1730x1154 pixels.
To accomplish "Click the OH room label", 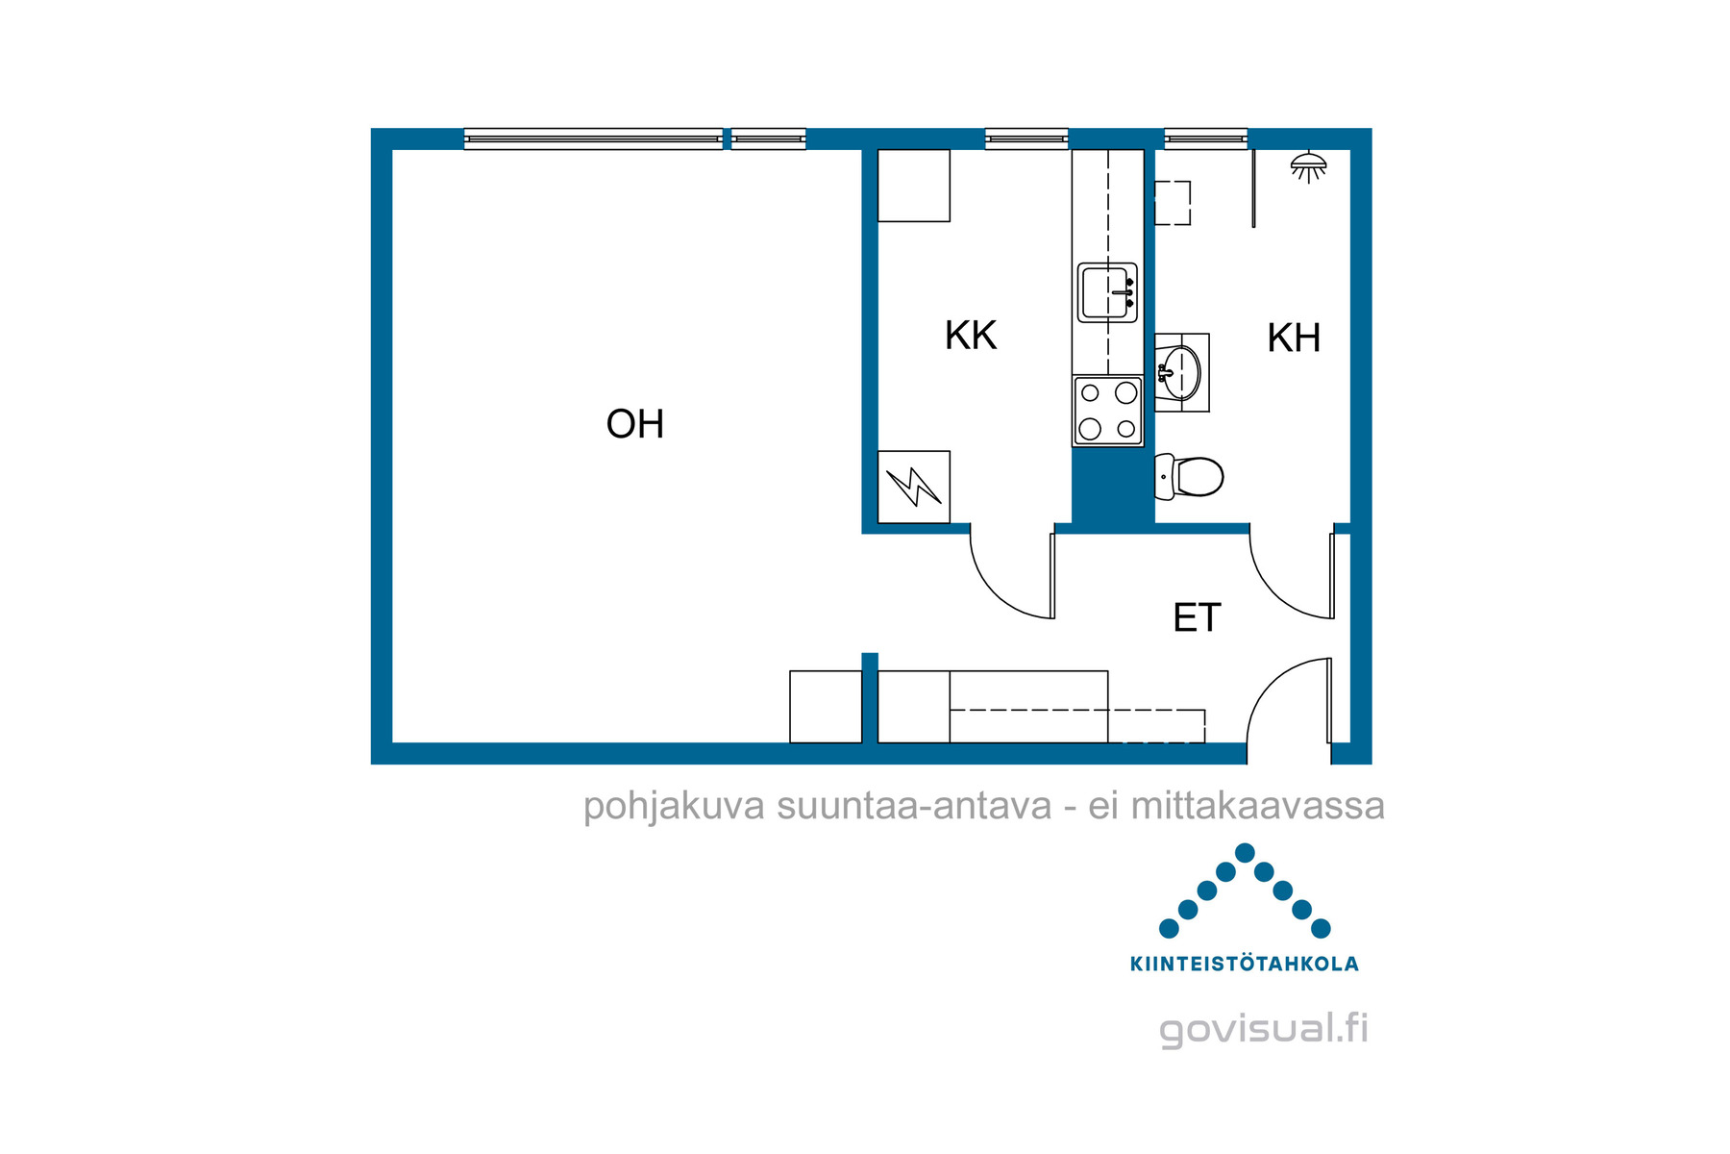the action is tap(634, 424).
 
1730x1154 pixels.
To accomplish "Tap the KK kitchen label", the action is tap(971, 336).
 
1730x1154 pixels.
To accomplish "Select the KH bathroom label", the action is tap(1294, 338).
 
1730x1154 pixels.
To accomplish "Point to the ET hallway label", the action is tap(1197, 617).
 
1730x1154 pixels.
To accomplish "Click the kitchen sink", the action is tap(1107, 292).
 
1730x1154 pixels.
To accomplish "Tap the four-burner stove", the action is tap(1107, 411).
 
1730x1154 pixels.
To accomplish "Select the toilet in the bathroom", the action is tap(1189, 476).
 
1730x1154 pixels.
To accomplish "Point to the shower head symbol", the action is tap(1308, 166).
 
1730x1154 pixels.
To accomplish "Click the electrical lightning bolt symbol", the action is tap(913, 487).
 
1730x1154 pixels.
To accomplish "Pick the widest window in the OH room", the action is tap(593, 139).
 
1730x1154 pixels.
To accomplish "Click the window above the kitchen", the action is tap(1026, 139).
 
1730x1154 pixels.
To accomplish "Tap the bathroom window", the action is tap(1206, 139).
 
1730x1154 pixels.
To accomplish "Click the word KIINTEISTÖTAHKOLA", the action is tap(1245, 964).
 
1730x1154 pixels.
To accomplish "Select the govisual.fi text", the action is tap(1264, 1029).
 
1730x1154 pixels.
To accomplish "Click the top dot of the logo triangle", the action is tap(1245, 852).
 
